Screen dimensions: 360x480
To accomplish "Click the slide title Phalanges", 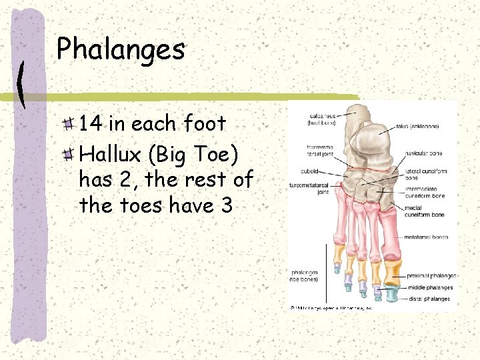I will [120, 49].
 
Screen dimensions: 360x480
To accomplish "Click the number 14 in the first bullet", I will [91, 123].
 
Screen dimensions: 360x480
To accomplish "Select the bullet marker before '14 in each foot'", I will [69, 124].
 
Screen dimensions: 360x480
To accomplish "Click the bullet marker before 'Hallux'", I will [69, 155].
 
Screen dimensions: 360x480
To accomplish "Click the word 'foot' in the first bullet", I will [205, 123].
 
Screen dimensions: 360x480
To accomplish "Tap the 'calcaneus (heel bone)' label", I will [321, 119].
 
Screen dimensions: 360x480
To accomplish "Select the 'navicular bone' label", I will [423, 153].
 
